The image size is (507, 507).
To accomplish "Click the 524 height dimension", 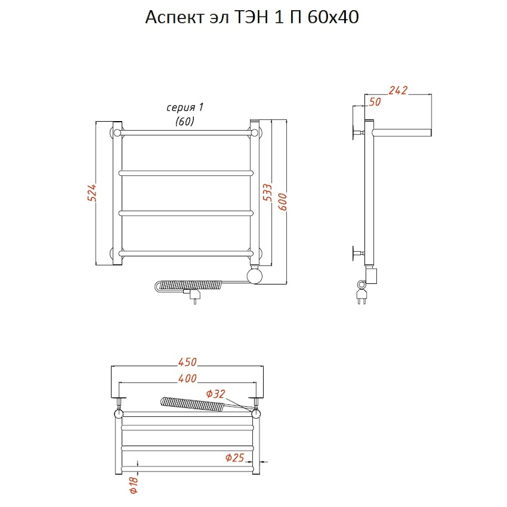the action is point(92,193).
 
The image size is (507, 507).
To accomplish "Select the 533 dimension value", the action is point(268,193).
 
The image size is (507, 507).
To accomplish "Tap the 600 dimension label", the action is point(282,202).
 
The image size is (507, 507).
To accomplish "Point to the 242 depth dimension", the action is point(398,90).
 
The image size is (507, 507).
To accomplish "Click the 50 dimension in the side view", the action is point(375,102).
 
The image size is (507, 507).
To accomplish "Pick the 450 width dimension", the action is point(187,362).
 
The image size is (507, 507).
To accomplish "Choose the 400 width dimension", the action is point(187,379).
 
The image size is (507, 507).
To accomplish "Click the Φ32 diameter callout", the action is point(216,394).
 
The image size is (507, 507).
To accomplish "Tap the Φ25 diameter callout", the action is point(235,457).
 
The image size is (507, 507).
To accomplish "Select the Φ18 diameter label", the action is point(134,485).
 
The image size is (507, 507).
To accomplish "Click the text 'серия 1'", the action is point(185,108).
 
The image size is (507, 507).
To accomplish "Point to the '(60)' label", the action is point(185,121).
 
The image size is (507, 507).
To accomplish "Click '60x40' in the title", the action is point(333,17).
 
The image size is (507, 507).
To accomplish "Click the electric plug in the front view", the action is point(194,296).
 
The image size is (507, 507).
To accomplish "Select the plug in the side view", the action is point(361,296).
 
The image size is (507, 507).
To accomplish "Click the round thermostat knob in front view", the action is point(255,276).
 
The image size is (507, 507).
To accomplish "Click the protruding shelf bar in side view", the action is point(402,132).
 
